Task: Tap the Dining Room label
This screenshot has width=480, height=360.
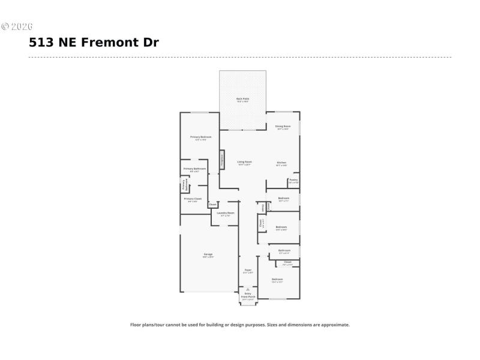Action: coord(283,126)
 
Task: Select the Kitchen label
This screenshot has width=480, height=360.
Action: coord(281,163)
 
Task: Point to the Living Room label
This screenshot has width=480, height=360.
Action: coord(244,162)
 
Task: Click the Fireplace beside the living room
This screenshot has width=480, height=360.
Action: coord(221,160)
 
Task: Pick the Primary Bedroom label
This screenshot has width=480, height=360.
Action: coord(201,137)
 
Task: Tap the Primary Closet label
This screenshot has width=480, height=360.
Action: coord(193,199)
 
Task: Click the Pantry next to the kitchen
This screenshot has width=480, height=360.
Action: coord(293,179)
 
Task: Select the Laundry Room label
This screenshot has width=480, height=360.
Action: coord(226,213)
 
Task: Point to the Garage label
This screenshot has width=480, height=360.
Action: coord(208,254)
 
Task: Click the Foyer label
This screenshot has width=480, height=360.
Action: coord(247,271)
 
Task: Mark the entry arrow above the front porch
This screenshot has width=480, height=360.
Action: coord(248,289)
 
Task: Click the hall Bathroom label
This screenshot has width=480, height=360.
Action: coord(284,250)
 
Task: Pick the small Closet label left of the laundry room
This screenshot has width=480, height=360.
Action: coord(212,205)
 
